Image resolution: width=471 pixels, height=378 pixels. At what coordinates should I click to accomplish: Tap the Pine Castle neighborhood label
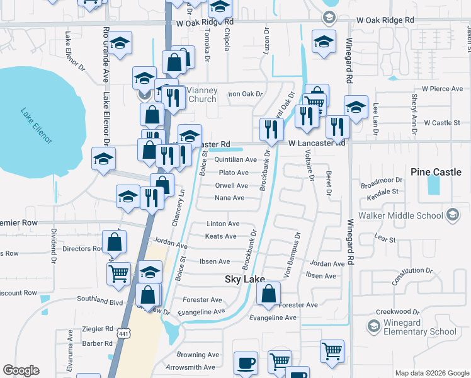point(436,172)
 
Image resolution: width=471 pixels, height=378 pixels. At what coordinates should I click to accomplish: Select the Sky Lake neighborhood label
point(244,278)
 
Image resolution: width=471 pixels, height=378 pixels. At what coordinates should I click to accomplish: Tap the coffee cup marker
point(246,364)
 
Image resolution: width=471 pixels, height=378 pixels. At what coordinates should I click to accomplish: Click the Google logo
point(21,370)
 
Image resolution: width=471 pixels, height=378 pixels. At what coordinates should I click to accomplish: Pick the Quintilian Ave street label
point(235,160)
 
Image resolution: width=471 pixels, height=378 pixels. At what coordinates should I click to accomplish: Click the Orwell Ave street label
point(232,186)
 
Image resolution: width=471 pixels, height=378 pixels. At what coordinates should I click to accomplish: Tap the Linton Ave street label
point(224,224)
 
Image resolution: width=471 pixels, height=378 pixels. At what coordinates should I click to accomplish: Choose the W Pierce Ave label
point(443,89)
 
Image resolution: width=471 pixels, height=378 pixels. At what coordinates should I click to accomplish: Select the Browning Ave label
point(200,355)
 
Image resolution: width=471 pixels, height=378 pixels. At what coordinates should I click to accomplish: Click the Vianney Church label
point(202,95)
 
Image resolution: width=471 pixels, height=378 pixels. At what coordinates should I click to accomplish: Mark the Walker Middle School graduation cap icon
point(451,216)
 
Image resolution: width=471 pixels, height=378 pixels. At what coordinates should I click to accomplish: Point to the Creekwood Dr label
point(398,312)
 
